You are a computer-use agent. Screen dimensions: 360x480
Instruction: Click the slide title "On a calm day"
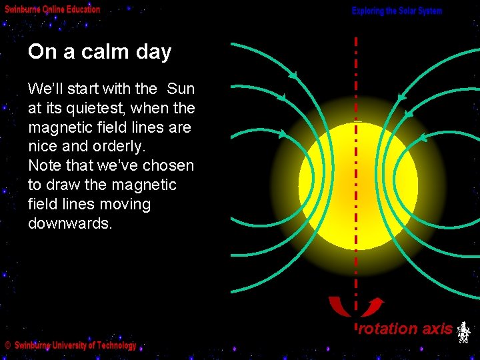(99, 52)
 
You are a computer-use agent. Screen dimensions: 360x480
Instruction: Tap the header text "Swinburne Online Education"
(53, 9)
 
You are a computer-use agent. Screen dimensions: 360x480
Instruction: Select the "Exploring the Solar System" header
(397, 11)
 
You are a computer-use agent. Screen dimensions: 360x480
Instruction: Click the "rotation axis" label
(405, 328)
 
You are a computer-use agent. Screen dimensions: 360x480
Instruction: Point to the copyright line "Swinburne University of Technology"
(75, 345)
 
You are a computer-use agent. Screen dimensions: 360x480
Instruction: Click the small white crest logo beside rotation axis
(464, 331)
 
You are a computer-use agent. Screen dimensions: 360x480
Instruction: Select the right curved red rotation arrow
(373, 306)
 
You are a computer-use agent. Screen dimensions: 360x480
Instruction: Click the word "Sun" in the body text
(181, 89)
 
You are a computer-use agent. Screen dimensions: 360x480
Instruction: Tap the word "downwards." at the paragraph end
(70, 224)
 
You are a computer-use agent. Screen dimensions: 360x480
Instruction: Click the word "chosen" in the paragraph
(169, 166)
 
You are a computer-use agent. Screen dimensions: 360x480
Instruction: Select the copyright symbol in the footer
(7, 346)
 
